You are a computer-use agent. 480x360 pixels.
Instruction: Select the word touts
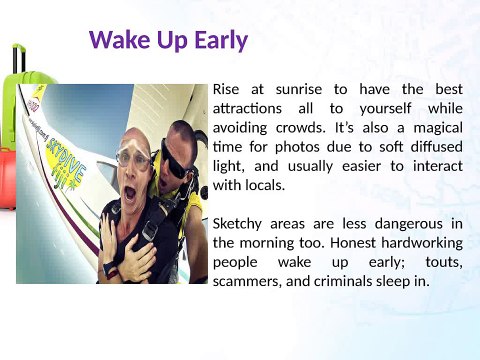point(440,261)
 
